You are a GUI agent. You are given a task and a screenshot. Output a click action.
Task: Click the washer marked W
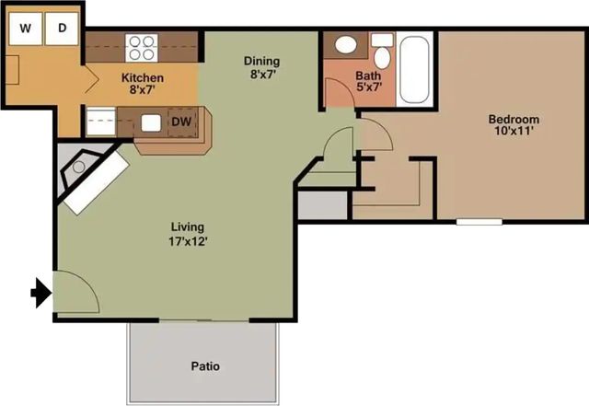(25, 29)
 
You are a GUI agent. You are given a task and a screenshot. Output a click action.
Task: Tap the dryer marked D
(62, 29)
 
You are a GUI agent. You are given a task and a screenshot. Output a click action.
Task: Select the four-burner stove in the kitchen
(142, 48)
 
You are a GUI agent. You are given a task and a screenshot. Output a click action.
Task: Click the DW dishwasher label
(181, 122)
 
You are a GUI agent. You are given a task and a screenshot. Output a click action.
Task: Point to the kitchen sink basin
(151, 123)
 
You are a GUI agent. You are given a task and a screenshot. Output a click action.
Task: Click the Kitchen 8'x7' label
(143, 84)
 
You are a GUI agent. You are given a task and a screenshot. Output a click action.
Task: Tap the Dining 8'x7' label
(261, 67)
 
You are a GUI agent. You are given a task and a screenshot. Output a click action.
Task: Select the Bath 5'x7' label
(368, 81)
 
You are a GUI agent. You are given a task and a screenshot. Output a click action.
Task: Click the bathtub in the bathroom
(414, 70)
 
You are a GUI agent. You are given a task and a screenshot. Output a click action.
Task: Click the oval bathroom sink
(346, 45)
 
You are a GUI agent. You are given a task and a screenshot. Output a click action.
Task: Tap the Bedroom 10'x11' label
(514, 125)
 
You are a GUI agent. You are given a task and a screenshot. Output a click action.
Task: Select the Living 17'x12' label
(188, 234)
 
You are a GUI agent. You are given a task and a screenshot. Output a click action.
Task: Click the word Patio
(205, 366)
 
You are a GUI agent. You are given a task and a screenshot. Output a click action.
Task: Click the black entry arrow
(40, 293)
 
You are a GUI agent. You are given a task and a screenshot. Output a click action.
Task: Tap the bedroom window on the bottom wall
(479, 222)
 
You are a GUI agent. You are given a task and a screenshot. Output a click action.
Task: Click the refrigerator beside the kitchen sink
(100, 122)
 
